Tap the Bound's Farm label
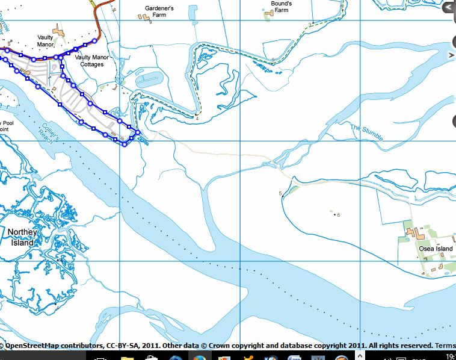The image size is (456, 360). (281, 7)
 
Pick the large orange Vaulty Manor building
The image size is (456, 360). (59, 29)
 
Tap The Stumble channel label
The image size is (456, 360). (366, 132)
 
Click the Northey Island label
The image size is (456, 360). (22, 237)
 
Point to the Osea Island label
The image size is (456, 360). (436, 249)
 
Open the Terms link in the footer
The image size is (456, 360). (445, 346)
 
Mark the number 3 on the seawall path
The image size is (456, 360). (310, 24)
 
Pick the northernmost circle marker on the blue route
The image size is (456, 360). (95, 41)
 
